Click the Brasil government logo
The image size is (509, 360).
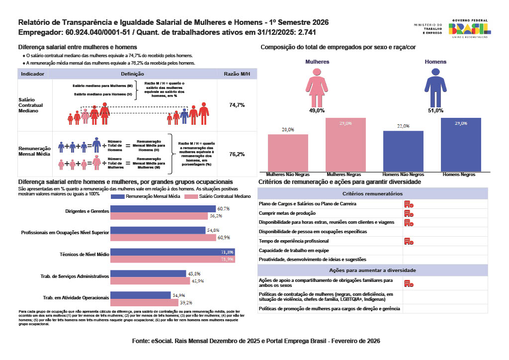coord(470,29)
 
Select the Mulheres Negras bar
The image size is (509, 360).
coord(345,145)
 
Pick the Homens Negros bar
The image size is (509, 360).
coord(461,145)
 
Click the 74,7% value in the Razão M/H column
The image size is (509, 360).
coord(237,105)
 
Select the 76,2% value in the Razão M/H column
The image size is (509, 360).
coord(237,154)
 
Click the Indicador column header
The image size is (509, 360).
coord(33,74)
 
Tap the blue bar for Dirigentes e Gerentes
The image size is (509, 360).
coord(163,209)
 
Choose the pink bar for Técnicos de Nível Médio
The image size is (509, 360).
coord(172,260)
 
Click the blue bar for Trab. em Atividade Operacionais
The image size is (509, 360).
coord(140,295)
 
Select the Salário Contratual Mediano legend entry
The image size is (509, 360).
coord(215,197)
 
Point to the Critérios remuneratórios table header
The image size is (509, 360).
coord(373,193)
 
